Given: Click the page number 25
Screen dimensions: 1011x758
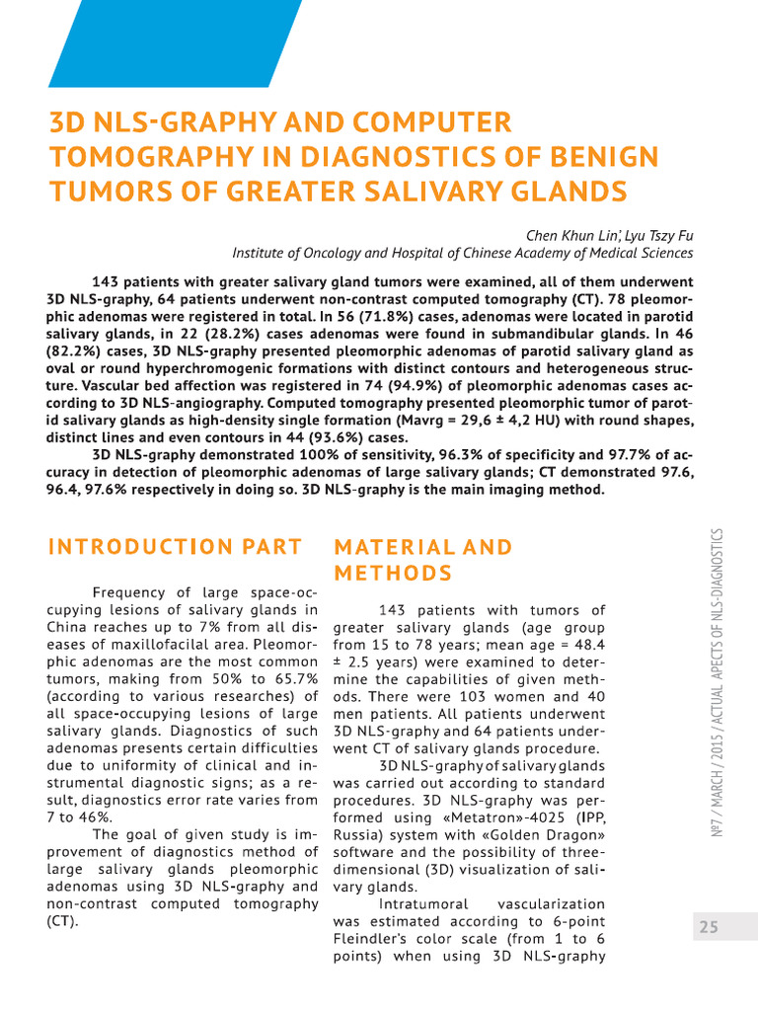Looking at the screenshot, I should click(709, 926).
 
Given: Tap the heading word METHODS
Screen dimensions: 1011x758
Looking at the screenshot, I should click(394, 574).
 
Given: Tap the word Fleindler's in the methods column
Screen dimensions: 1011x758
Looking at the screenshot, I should click(373, 940).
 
